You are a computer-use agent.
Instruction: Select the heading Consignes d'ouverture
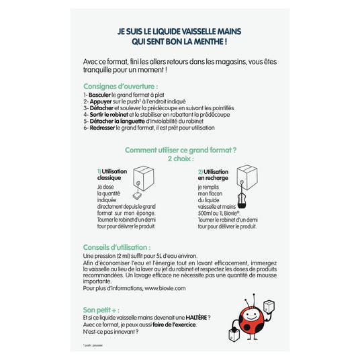121,86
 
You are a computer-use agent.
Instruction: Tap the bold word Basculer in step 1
101,95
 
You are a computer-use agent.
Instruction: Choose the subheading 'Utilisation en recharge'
214,176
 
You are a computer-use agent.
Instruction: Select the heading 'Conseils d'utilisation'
116,247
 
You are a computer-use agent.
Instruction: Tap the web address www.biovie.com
160,287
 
